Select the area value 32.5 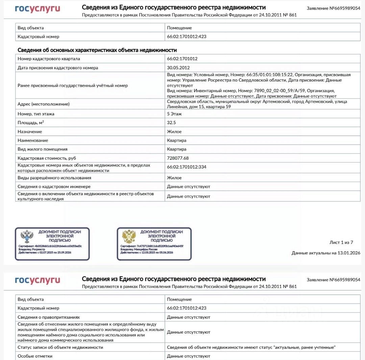(x=171, y=123)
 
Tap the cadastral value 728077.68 (x=178, y=158)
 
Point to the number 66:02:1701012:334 (x=187, y=167)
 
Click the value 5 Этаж (x=174, y=114)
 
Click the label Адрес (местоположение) (x=44, y=104)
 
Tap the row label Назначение (x=30, y=132)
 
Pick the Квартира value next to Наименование (x=176, y=140)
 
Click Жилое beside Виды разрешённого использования (x=174, y=178)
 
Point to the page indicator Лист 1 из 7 (x=341, y=242)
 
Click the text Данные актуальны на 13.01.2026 (x=326, y=253)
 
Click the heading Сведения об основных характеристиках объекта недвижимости (x=97, y=50)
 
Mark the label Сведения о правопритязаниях (x=49, y=317)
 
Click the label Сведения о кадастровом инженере (x=54, y=186)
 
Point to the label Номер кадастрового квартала (x=49, y=59)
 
